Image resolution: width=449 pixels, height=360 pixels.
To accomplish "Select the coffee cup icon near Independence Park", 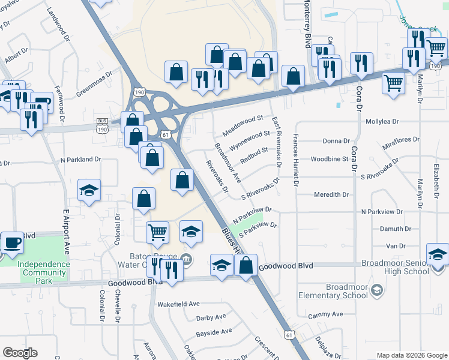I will coord(12,243).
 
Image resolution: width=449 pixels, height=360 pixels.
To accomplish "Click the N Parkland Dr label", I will coord(82,160).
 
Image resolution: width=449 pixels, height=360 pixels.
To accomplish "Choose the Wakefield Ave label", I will coord(178,304).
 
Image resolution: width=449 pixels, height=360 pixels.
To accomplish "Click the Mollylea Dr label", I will coord(382,121).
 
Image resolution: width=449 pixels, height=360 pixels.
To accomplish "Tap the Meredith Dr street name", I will coord(331,195).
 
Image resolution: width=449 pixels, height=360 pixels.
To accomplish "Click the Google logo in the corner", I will coord(20,353).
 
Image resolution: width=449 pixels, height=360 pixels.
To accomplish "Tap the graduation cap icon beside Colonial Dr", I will coord(89,190).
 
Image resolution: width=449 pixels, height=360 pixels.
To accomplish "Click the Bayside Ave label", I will coord(214,331).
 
